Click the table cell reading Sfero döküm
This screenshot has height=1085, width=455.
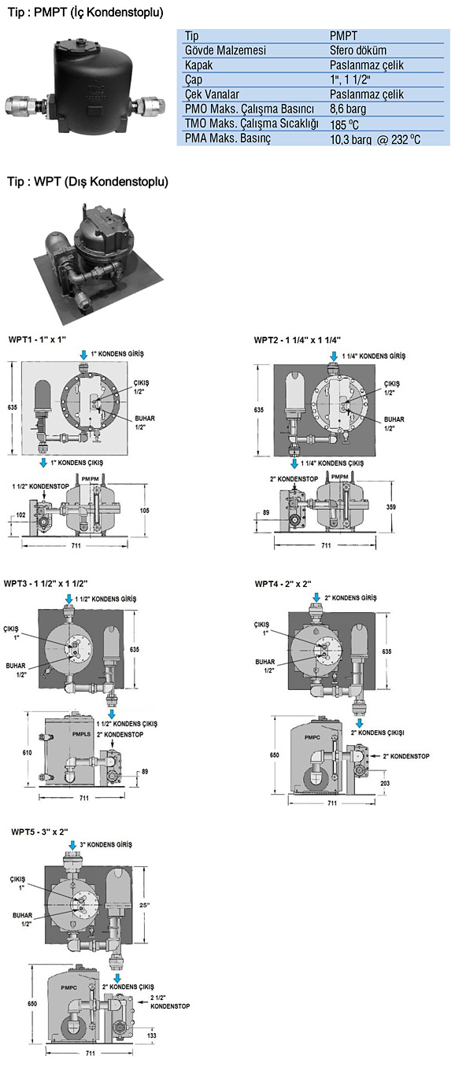pos(358,50)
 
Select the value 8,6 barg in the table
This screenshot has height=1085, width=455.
pos(348,109)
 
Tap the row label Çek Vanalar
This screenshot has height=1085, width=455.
pos(212,94)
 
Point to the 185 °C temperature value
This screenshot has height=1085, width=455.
pos(345,124)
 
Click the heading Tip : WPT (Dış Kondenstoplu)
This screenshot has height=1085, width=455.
pos(87,182)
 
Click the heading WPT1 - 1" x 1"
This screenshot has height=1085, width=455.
pos(37,339)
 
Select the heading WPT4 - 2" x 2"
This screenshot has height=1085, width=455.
pos(283,584)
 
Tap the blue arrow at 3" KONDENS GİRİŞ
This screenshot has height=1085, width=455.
pos(72,845)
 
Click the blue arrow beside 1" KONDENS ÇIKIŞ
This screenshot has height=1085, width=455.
pos(43,463)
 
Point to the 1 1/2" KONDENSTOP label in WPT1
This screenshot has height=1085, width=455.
pos(41,485)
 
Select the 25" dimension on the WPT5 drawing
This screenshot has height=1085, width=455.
pos(144,905)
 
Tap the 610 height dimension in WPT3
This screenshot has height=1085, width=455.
pos(27,752)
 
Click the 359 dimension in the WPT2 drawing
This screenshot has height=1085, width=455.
pos(391,507)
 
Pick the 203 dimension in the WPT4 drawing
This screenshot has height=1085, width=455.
pos(385,783)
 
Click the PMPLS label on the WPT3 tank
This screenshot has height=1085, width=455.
pos(81,734)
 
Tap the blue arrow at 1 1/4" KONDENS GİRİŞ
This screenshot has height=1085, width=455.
pos(333,356)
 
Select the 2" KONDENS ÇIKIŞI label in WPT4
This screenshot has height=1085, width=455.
pos(378,733)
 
